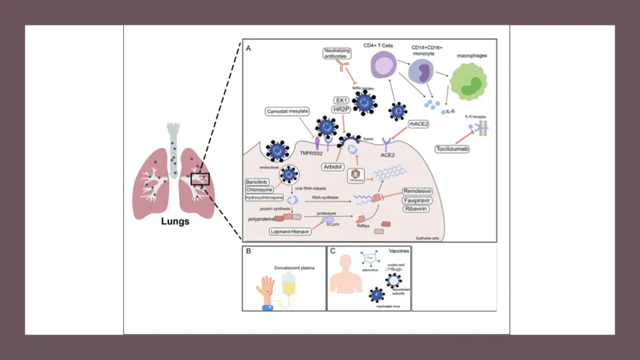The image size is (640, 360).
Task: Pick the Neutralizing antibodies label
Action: [337, 54]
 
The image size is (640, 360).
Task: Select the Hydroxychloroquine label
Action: [264, 198]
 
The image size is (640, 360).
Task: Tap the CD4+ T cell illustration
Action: [383, 68]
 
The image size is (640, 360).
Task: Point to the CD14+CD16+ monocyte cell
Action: [421, 73]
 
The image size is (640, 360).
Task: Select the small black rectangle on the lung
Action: [200, 179]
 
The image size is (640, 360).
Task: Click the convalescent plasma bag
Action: [289, 285]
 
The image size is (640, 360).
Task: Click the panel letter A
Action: [249, 49]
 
